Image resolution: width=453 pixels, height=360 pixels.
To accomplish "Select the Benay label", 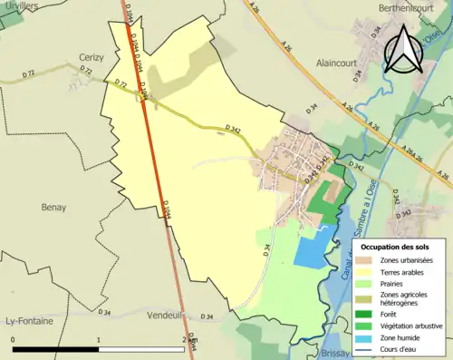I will pos(53,207).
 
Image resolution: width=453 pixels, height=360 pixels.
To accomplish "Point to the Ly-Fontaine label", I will pos(29,321).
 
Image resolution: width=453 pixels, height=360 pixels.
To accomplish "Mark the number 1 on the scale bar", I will pos(99,338).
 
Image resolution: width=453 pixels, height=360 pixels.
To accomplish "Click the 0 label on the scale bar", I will pos(13,338).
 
